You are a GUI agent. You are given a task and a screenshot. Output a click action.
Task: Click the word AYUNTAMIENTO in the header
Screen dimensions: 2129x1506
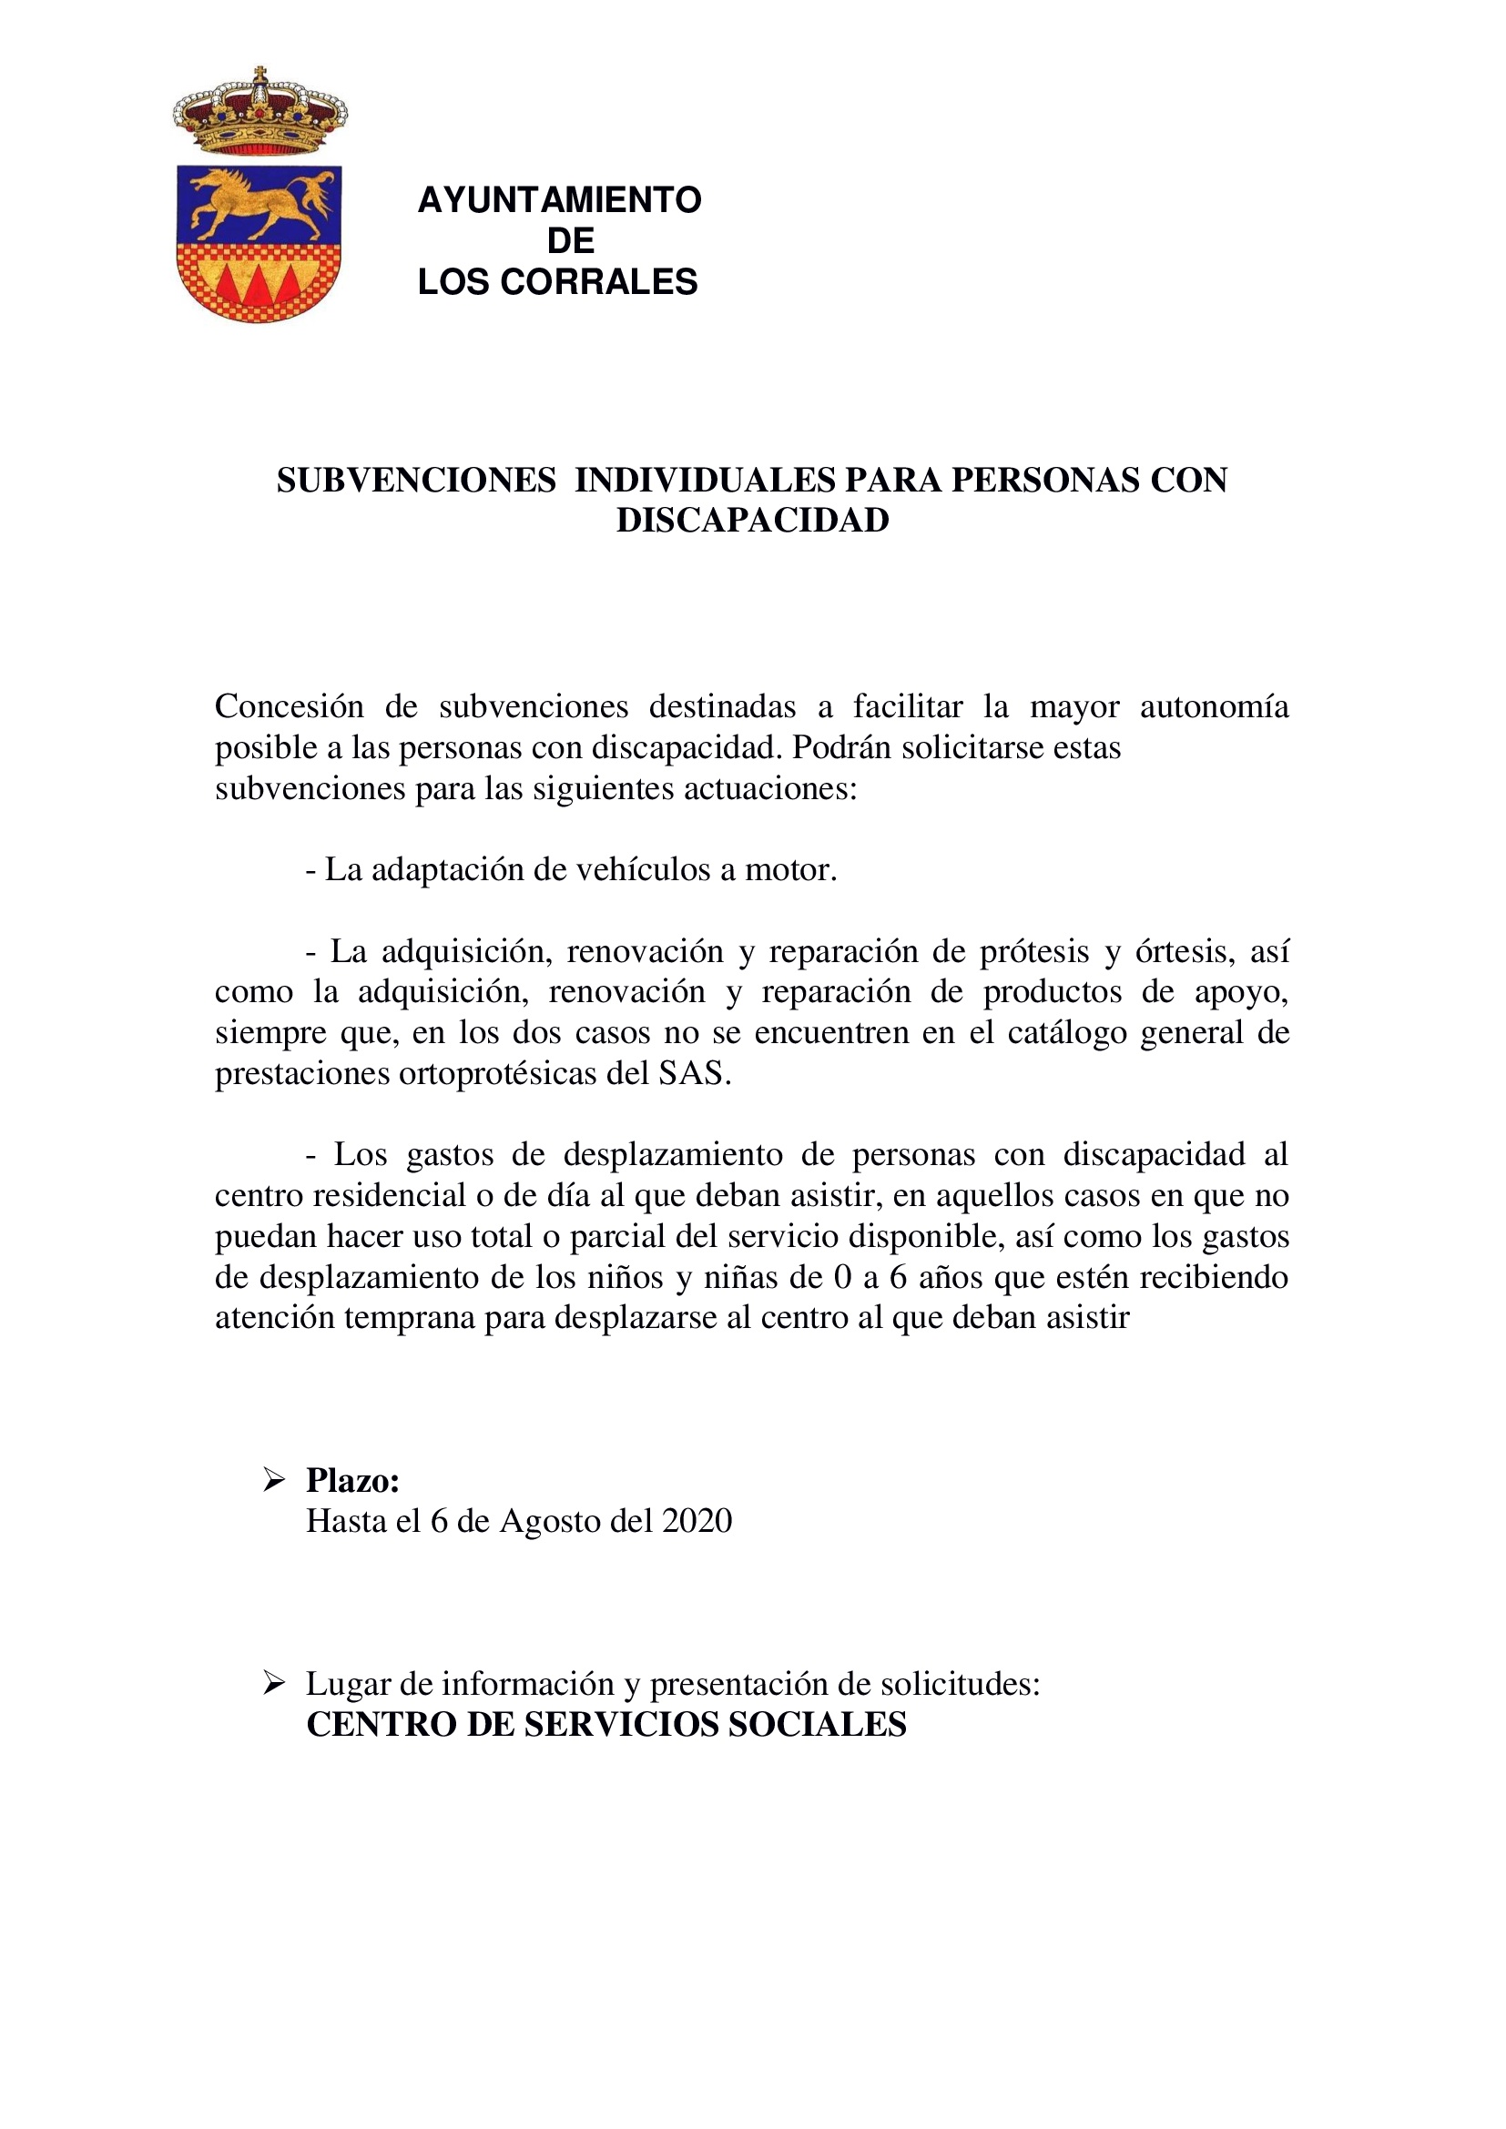click(559, 200)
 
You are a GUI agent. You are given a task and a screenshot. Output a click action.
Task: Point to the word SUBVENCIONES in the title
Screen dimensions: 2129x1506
click(416, 481)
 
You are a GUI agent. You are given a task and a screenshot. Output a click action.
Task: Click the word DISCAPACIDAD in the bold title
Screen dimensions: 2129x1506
click(752, 522)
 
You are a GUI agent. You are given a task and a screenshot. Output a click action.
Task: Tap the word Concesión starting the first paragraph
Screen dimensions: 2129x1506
click(290, 706)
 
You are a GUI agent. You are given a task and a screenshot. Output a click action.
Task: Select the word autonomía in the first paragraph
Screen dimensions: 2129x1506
click(1214, 706)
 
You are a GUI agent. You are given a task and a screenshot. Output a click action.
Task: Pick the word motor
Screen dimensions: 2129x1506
click(790, 870)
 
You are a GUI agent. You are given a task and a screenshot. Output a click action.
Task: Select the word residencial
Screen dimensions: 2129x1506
click(390, 1196)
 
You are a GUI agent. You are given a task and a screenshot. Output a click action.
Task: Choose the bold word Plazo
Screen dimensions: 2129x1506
click(352, 1481)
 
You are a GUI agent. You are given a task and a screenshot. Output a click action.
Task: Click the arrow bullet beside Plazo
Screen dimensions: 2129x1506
click(273, 1480)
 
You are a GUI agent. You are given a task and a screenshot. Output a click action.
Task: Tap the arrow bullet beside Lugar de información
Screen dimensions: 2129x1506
click(273, 1683)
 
